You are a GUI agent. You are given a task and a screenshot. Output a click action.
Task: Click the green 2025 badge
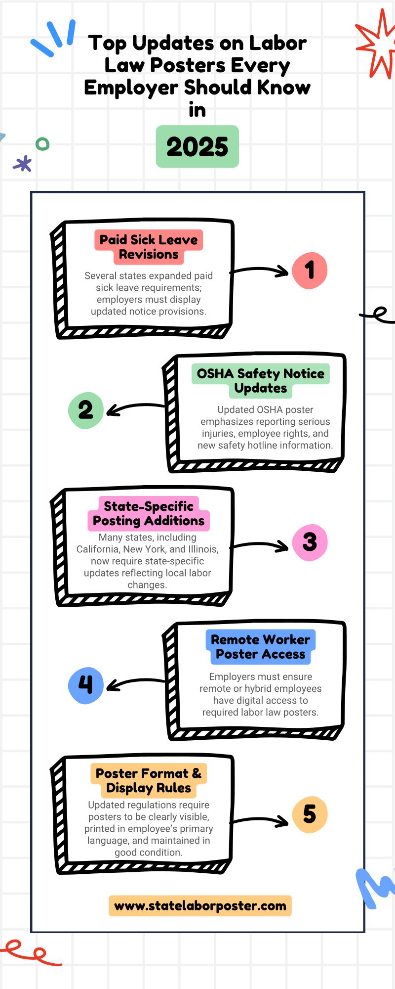click(197, 147)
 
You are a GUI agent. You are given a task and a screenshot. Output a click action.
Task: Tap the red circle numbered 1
click(310, 270)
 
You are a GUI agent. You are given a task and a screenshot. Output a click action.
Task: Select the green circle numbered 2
click(85, 410)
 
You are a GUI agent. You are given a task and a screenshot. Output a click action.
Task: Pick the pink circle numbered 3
click(310, 542)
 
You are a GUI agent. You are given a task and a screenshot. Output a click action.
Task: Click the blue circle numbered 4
click(85, 685)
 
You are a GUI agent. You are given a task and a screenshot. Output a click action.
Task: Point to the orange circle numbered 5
click(310, 814)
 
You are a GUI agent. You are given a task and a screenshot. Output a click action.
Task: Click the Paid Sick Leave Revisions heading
click(149, 247)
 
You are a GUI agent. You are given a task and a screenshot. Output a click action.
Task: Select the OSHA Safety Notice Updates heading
click(261, 381)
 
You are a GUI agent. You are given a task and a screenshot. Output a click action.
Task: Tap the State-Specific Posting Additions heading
click(149, 513)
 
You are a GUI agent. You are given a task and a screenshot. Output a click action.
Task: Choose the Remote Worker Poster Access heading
click(261, 647)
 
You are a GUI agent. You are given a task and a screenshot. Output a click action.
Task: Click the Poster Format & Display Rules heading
click(149, 780)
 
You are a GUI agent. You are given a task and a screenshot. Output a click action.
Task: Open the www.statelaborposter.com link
click(200, 906)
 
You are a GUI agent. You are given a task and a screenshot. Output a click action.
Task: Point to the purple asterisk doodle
click(22, 164)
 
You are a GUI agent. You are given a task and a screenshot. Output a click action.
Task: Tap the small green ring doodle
click(43, 144)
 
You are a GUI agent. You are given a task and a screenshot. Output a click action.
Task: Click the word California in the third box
click(98, 549)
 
